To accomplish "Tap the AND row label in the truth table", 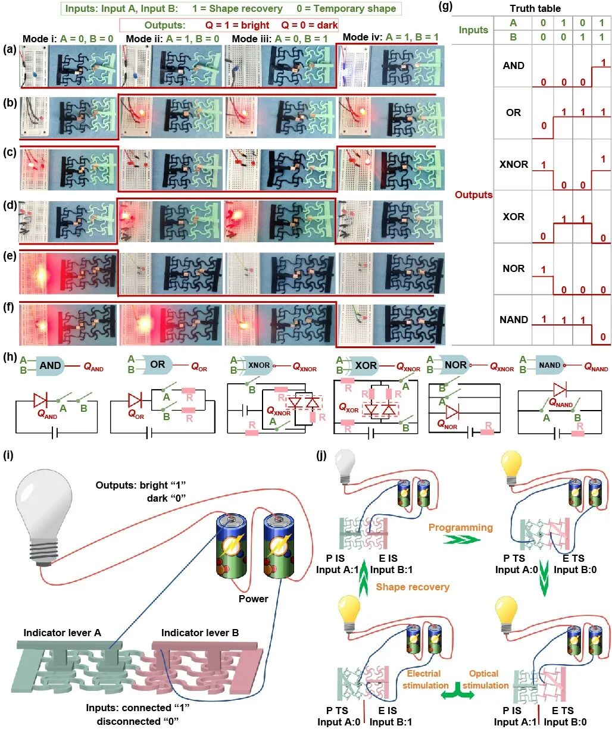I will tap(513, 65).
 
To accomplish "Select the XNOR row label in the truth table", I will tap(513, 164).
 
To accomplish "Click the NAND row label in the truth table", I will tap(513, 320).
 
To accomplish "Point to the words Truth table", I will tap(535, 8).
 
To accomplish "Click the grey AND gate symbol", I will tap(51, 365).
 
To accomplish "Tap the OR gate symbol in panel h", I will tap(158, 364).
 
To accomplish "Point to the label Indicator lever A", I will tap(62, 632).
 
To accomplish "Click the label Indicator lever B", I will tap(200, 632).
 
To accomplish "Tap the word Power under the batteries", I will tap(254, 599).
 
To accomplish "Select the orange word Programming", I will tap(461, 527).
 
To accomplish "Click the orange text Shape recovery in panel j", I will tap(413, 587).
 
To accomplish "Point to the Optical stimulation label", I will tap(485, 680).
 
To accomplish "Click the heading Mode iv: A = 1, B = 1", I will tap(391, 37).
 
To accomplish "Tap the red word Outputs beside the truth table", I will tap(474, 195).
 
